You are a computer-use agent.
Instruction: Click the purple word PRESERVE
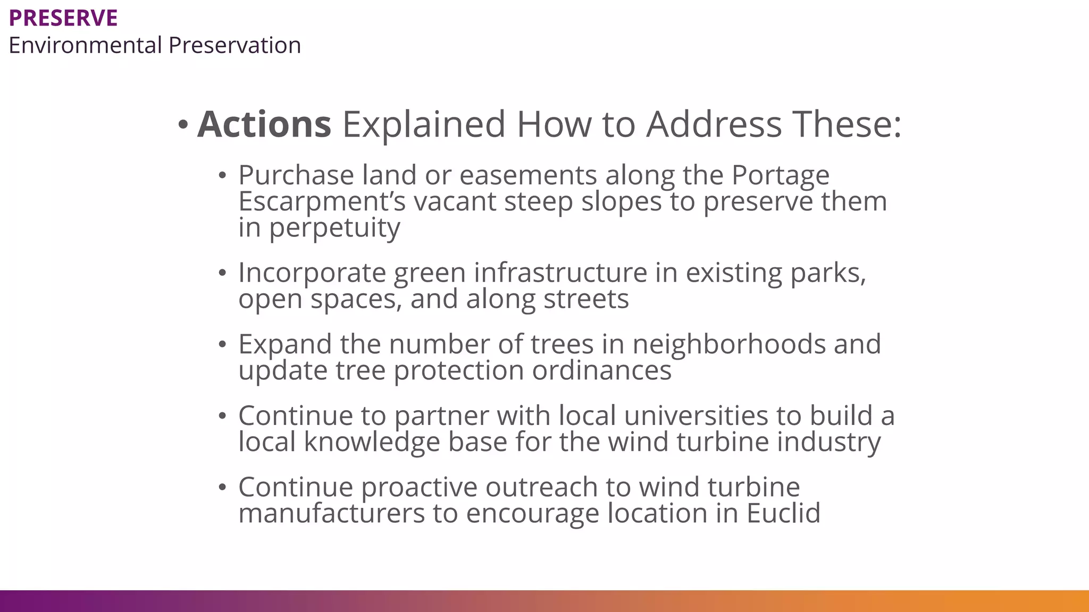click(63, 18)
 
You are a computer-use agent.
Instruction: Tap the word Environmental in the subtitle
click(85, 45)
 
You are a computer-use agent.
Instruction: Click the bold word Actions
click(264, 124)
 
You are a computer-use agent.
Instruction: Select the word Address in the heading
click(714, 124)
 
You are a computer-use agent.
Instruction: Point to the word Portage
click(780, 175)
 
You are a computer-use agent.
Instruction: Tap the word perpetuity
click(334, 228)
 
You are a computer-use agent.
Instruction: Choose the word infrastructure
click(560, 273)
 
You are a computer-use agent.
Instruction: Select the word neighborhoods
click(728, 344)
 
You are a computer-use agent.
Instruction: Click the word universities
click(696, 415)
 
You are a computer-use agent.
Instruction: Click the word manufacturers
click(331, 513)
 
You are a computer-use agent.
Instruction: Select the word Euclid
click(783, 513)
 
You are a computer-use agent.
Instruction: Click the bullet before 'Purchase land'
click(222, 175)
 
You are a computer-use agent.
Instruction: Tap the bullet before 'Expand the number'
click(222, 344)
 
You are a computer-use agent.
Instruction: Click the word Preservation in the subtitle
click(234, 45)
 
